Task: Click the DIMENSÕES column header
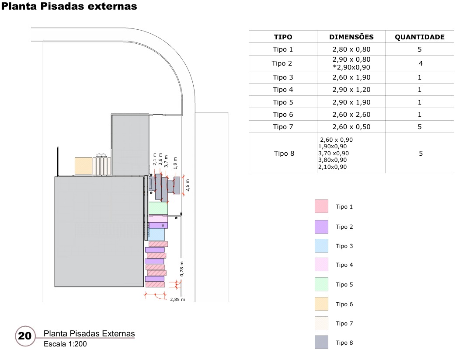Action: tap(351, 37)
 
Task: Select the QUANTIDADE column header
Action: tap(420, 37)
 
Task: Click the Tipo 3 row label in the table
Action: tap(283, 77)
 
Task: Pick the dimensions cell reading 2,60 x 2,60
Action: tap(351, 115)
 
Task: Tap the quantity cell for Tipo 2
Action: tap(420, 63)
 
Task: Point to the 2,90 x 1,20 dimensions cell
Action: tap(351, 90)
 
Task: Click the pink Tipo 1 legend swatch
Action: tap(321, 206)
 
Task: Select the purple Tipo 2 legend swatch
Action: tap(321, 227)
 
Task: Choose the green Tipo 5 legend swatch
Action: tap(321, 284)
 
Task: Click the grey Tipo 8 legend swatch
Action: tap(321, 343)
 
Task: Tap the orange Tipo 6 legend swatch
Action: tap(321, 304)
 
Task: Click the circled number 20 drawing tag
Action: tap(24, 336)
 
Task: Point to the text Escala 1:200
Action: tap(65, 344)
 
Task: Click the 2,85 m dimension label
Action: tap(177, 300)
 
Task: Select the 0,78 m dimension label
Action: tap(182, 269)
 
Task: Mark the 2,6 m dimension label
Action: tap(188, 185)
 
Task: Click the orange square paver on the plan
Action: tap(83, 166)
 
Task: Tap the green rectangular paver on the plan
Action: tap(158, 208)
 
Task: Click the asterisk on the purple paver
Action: tap(163, 225)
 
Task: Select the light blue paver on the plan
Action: tap(156, 234)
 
